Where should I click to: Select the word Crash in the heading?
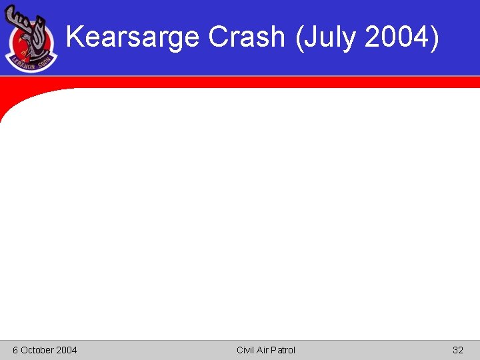[x=247, y=37]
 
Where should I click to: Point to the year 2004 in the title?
[x=396, y=37]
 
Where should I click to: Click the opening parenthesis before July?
[x=299, y=37]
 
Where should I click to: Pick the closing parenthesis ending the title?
[x=435, y=37]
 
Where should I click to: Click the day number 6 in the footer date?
[x=15, y=350]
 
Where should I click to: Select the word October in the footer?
[x=37, y=350]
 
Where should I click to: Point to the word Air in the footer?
[x=264, y=350]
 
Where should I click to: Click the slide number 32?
[x=457, y=350]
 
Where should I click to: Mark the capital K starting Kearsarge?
[x=75, y=37]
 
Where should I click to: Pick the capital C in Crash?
[x=217, y=37]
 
